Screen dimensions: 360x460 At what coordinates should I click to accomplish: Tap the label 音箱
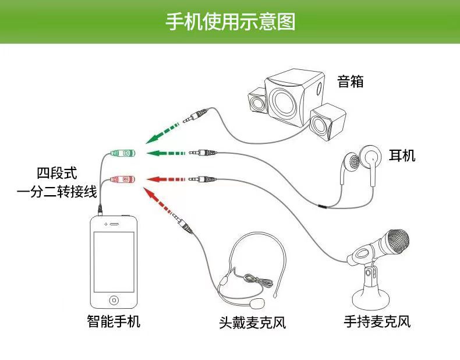(x=351, y=81)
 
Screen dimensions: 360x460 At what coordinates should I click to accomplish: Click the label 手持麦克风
(x=377, y=322)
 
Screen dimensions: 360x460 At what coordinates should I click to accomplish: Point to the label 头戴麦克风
(x=253, y=322)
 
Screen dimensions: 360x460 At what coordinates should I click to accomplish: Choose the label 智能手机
(x=114, y=321)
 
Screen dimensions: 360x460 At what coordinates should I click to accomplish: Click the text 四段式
(x=57, y=173)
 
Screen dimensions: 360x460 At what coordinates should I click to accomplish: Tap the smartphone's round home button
(x=114, y=300)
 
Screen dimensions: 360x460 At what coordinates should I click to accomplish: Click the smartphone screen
(x=114, y=262)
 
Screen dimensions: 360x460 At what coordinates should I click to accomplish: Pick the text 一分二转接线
(x=57, y=192)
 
